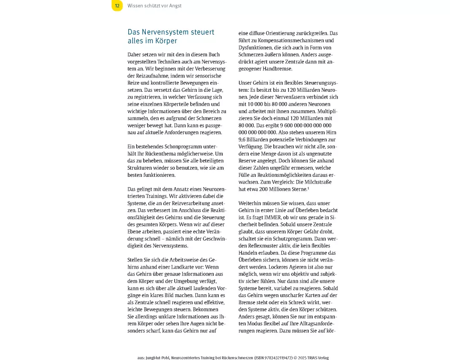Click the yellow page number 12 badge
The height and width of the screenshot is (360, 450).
(117, 6)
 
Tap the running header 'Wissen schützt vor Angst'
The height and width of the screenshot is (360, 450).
(154, 6)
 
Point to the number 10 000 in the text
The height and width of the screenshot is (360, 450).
(258, 103)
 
